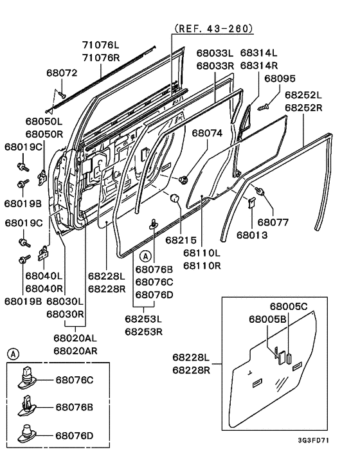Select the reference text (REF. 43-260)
pos(213,29)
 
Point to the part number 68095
pos(280,78)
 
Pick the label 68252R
pos(303,107)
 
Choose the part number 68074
pos(207,133)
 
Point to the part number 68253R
pos(143,331)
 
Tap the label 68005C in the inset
pos(289,307)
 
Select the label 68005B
pos(268,318)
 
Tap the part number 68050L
pos(44,121)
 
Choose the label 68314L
pos(258,53)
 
